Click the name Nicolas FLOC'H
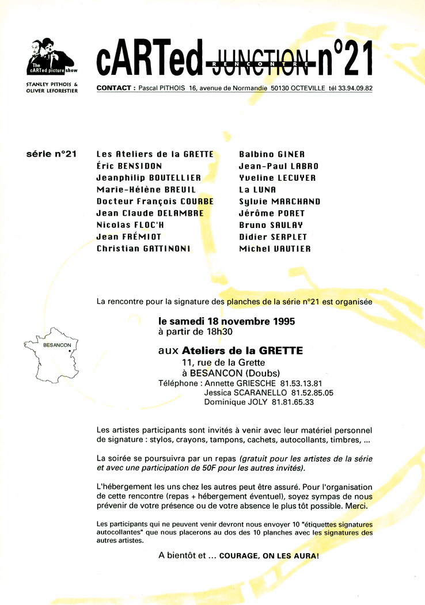[130, 225]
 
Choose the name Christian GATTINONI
[144, 249]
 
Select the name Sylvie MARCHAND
[279, 201]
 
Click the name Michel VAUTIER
[275, 249]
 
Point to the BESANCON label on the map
[57, 345]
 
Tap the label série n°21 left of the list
[51, 154]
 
